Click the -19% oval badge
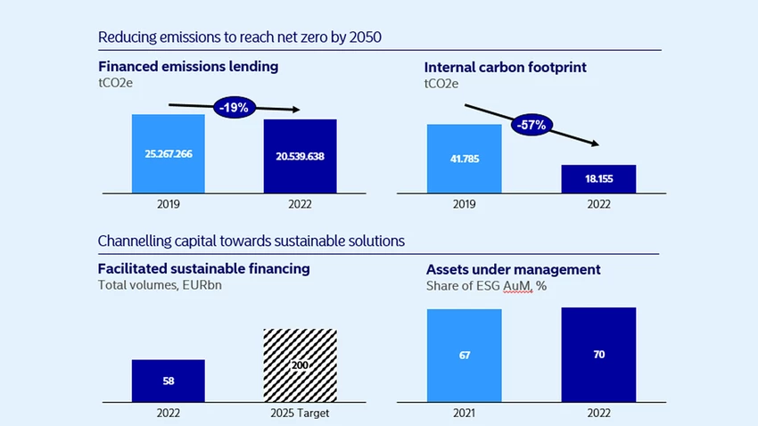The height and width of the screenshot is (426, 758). click(x=235, y=107)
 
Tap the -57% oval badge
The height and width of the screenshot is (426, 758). click(x=531, y=125)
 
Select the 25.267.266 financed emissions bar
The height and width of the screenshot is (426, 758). click(x=169, y=153)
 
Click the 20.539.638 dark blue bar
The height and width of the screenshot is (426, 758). click(x=301, y=156)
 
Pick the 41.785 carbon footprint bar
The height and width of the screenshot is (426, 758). click(x=464, y=159)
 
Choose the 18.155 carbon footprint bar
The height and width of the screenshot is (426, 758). click(x=598, y=179)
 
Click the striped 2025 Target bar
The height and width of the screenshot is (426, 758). click(x=301, y=365)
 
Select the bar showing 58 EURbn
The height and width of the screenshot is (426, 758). click(x=169, y=381)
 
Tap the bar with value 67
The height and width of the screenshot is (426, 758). click(x=464, y=356)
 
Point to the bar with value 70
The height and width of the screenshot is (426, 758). click(x=598, y=355)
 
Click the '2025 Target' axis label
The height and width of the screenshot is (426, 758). click(x=300, y=413)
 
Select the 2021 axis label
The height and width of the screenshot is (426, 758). click(x=464, y=413)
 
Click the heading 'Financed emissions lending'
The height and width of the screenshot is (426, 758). click(x=188, y=66)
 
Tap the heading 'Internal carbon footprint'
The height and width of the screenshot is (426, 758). click(x=505, y=67)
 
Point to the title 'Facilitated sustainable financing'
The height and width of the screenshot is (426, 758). click(x=203, y=268)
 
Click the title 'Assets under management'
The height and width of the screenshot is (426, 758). click(x=513, y=269)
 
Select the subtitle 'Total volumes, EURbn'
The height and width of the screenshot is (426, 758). click(x=160, y=285)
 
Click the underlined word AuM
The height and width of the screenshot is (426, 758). click(x=516, y=286)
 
